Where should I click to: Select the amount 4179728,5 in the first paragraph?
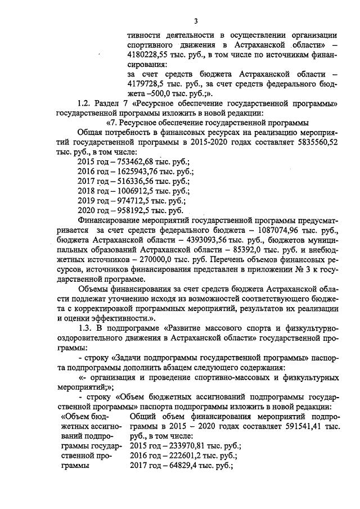click(x=151, y=84)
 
